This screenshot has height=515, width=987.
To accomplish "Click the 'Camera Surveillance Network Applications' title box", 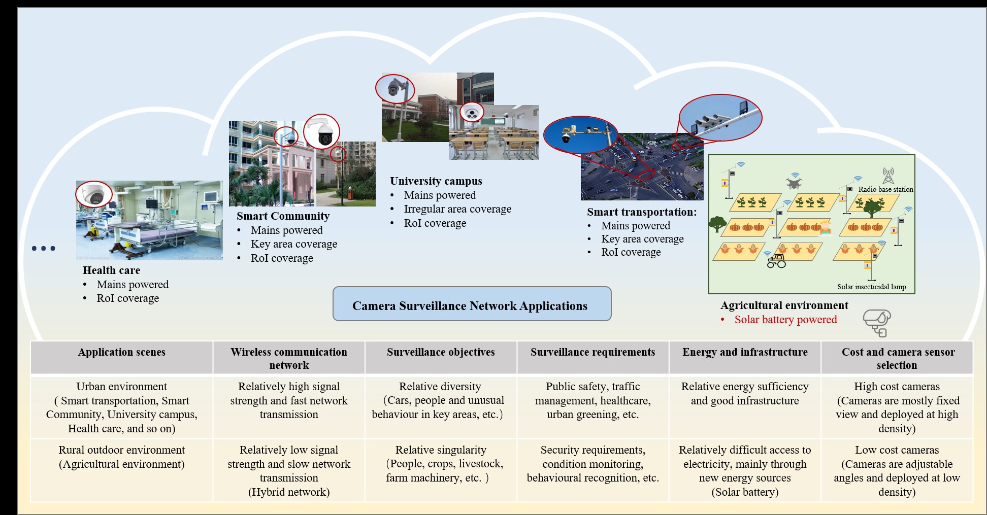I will pos(472,304).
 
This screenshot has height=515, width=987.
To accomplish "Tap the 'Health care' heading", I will pos(111,270).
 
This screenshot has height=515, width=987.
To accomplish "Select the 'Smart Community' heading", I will pos(283,216).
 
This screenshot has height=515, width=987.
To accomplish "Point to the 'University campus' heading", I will pos(436,181).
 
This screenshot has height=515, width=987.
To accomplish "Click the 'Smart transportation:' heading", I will pos(642,212).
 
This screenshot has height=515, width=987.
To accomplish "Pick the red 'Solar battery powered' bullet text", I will pos(785,320).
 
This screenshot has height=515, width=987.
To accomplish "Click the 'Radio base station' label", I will pos(885,189).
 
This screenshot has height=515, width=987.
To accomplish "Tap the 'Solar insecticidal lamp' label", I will pos(871,287).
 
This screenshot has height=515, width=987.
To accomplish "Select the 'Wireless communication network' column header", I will pos(289,358).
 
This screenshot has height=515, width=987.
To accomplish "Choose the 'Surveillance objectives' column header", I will pos(441,352).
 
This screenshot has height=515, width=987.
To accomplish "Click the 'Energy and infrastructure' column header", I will pos(745,352).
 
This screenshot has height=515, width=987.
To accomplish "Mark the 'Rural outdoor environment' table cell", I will pos(122,457).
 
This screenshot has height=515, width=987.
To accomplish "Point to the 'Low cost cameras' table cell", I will pos(897,470).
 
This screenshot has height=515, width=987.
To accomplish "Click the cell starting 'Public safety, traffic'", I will pos(593,400).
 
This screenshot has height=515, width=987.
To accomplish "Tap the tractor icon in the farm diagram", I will pos(776,261).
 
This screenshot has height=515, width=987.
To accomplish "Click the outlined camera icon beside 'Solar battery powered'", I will pos(877,323).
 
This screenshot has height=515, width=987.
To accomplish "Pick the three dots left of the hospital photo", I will pos(43,248).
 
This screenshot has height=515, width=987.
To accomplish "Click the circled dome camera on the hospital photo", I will pos(94,194).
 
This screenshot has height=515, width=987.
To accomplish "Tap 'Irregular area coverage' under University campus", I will pos(457,209).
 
